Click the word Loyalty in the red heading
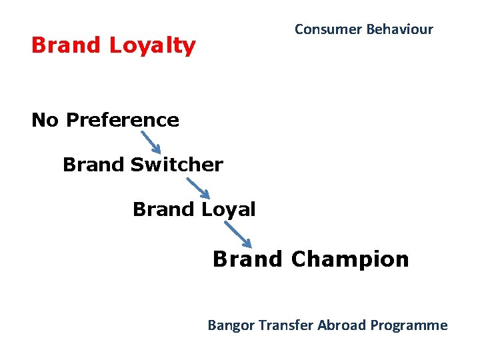153,45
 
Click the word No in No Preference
45,120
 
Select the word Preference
123,120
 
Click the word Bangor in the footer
228,325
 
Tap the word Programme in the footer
409,325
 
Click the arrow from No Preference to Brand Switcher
151,142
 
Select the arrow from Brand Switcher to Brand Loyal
198,187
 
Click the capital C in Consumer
299,29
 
